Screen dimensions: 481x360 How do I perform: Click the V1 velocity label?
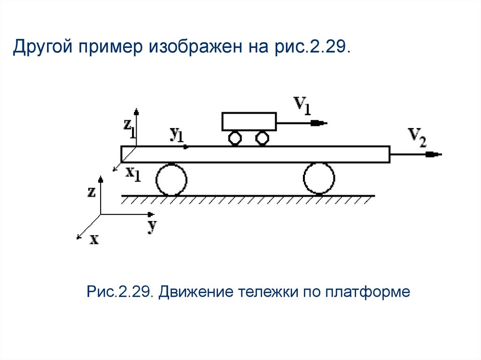click(303, 106)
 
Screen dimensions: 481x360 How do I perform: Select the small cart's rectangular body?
click(249, 121)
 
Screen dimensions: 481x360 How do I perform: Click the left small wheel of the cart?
click(234, 138)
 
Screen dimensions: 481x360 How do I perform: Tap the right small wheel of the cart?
click(261, 138)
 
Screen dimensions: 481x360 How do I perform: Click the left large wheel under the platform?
click(171, 179)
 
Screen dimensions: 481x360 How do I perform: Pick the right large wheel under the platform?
click(319, 178)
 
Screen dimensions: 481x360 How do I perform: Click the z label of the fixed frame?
click(92, 191)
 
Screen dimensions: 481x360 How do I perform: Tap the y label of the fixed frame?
click(151, 226)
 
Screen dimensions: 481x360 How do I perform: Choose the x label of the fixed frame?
click(94, 239)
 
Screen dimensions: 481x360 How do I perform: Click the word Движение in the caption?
click(195, 292)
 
